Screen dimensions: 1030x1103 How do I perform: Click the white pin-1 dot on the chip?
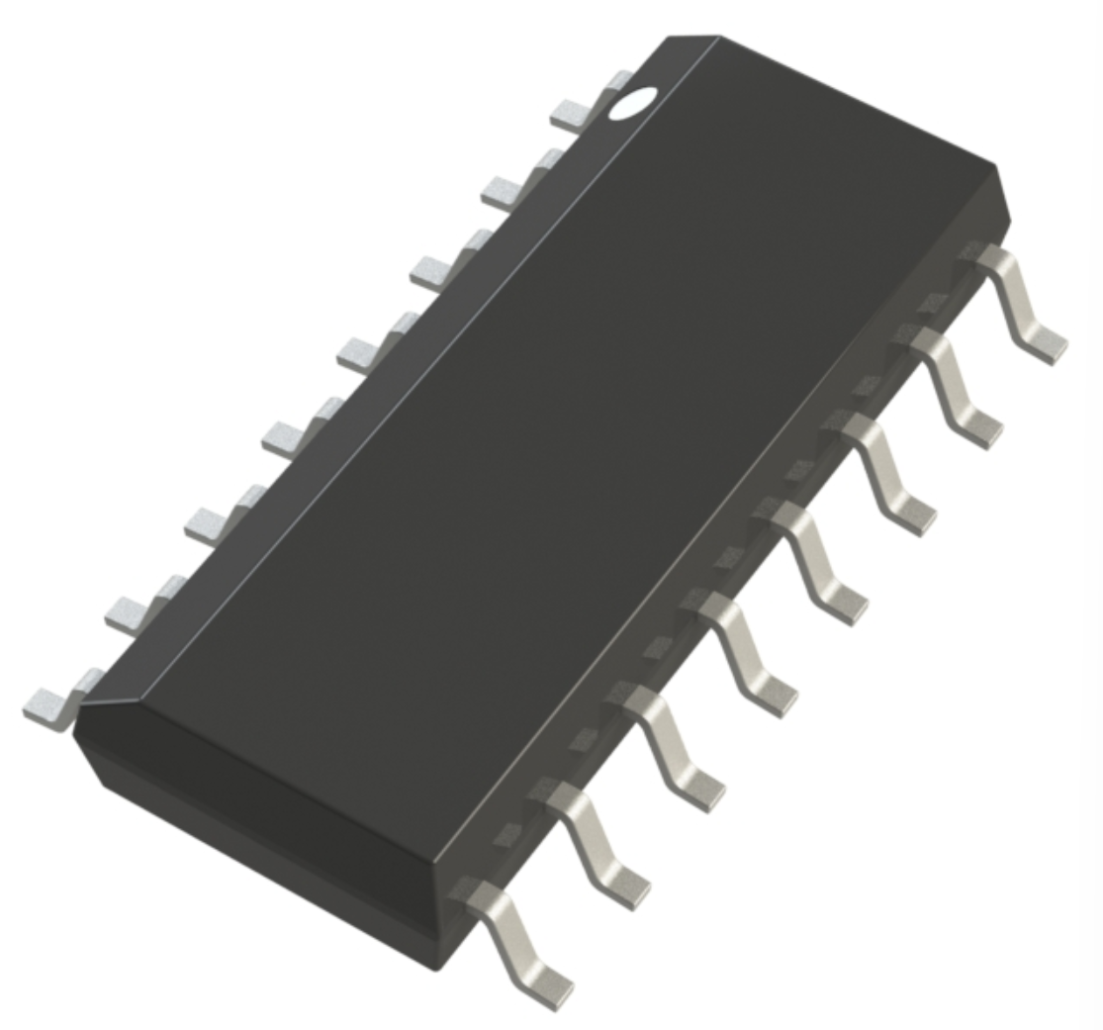[633, 103]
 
